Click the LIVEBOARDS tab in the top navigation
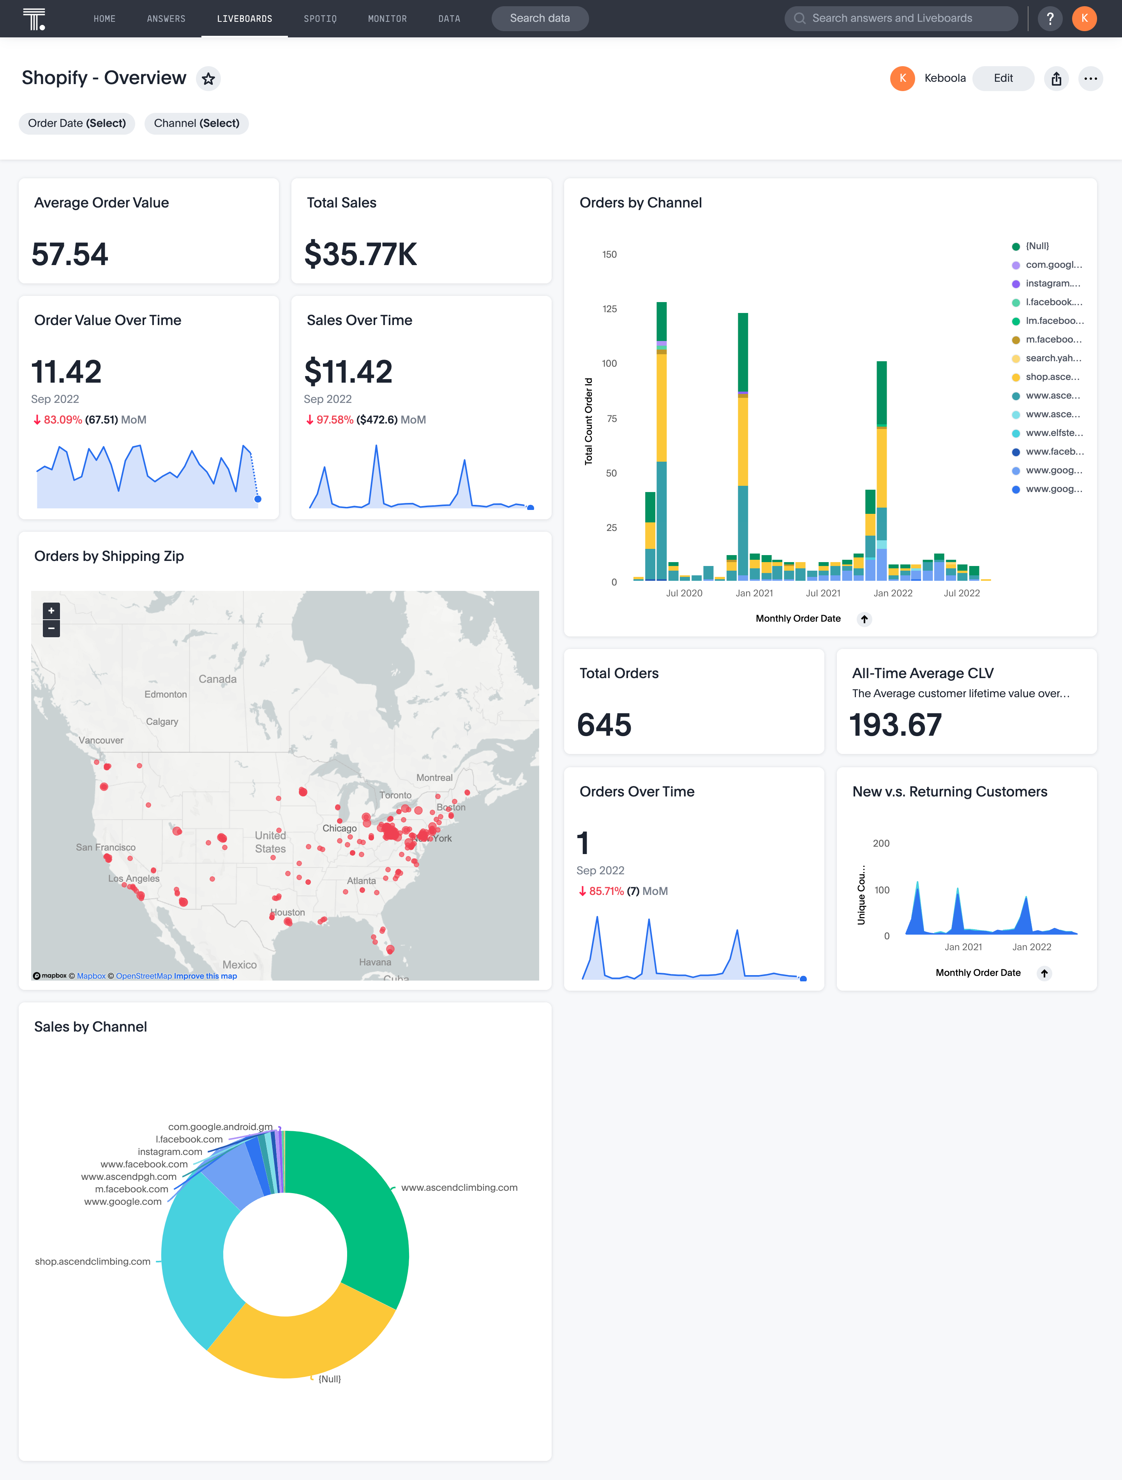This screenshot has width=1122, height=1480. [x=244, y=19]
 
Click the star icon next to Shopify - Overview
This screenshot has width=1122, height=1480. [x=208, y=79]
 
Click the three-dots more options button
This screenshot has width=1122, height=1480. [x=1090, y=79]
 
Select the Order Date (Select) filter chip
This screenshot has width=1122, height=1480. [x=77, y=123]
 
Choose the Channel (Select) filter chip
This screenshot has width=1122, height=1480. [x=196, y=123]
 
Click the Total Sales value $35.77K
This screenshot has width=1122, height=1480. [x=360, y=254]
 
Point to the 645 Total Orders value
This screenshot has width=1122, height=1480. [x=604, y=724]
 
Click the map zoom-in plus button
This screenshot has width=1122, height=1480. [x=51, y=610]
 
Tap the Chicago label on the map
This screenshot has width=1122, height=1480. [x=339, y=828]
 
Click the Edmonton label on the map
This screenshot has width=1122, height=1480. [x=165, y=694]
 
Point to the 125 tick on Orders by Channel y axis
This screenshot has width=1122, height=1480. [x=609, y=309]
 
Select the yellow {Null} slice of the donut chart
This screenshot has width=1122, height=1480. [x=301, y=1338]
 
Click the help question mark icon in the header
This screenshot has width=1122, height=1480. [x=1050, y=19]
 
